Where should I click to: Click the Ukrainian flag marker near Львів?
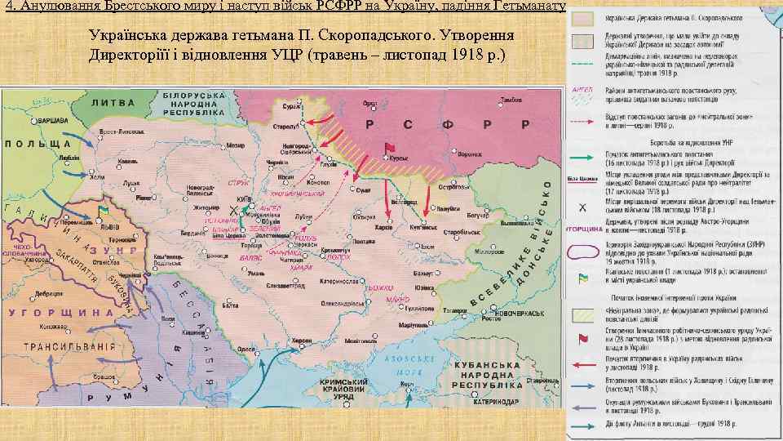click(x=103, y=212)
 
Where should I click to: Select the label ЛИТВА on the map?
click(x=113, y=103)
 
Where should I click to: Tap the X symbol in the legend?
click(x=583, y=207)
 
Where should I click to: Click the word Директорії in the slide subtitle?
click(x=139, y=55)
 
